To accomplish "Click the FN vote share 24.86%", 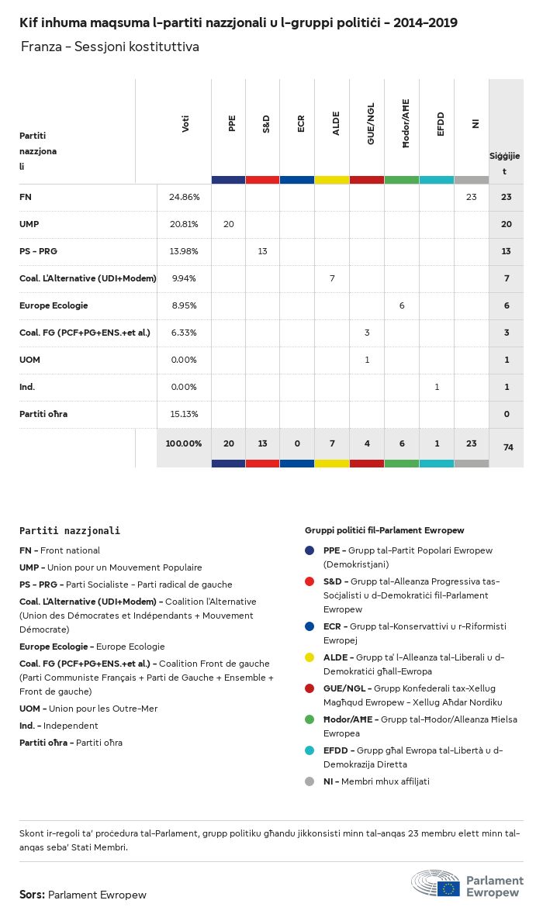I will coord(185,197).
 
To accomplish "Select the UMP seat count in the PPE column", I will coord(229,224).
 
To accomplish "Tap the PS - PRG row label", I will coord(40,251).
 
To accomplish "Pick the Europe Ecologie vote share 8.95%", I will coord(185,305).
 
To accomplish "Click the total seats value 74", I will coord(507,447).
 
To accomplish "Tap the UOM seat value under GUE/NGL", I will coord(367,360).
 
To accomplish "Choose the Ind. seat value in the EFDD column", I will coord(437,387).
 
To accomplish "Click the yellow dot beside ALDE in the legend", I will coord(310,657).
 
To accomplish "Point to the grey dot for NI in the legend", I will coord(310,781).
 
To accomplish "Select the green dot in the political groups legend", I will coord(310,719).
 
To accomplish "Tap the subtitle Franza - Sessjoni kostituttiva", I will coord(110,47).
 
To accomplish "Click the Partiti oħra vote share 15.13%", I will coord(185,414).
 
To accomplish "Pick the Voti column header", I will coord(185,124).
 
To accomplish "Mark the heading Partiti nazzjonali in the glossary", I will coord(70,531).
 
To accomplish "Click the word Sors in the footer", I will coord(32,895).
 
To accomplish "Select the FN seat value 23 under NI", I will coord(471,197).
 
